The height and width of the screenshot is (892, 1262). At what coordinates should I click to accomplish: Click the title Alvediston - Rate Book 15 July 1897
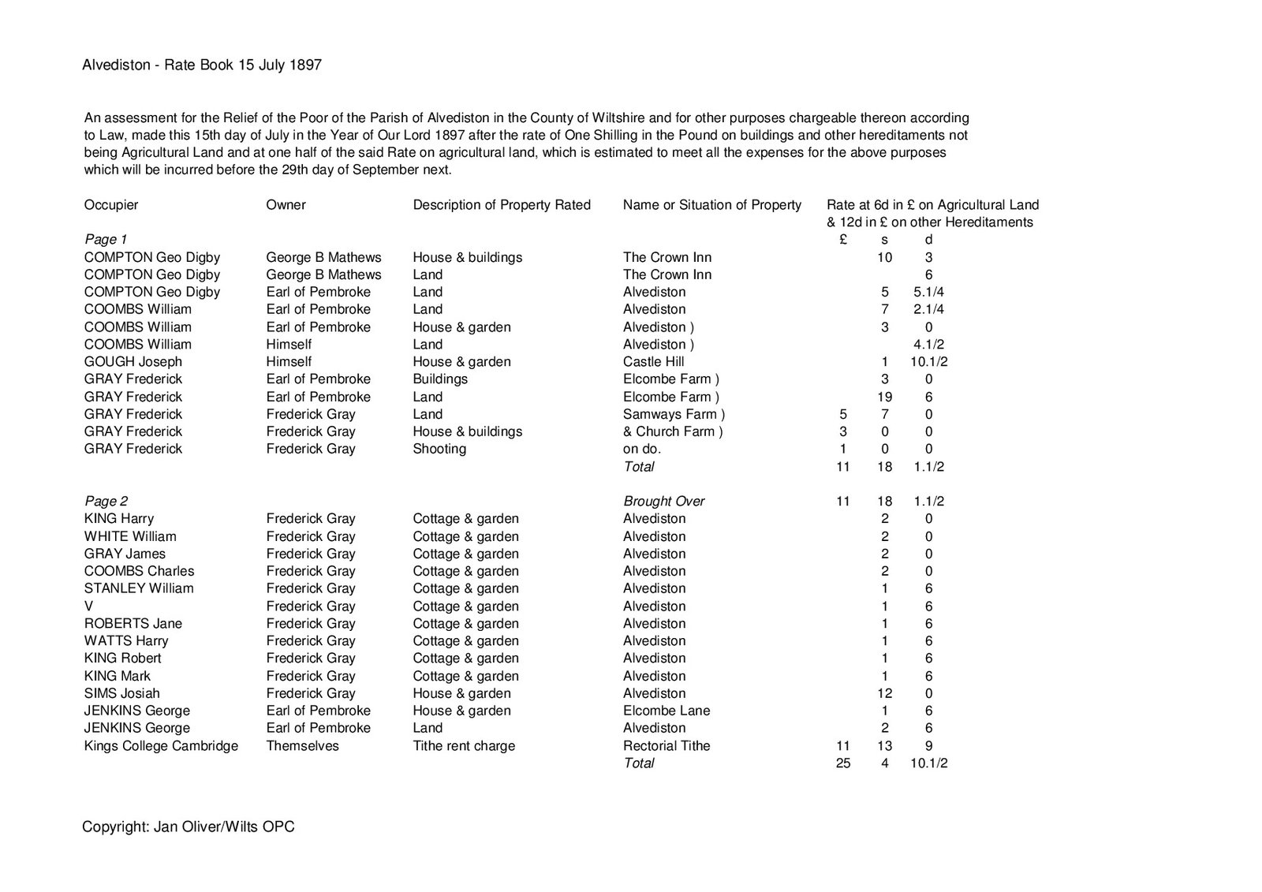[x=202, y=65]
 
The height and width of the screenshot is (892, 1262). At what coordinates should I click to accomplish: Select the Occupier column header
[x=111, y=205]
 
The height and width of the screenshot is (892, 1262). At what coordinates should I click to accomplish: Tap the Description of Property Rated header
[x=502, y=205]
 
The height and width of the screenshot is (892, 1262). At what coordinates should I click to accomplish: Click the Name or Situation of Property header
[x=712, y=205]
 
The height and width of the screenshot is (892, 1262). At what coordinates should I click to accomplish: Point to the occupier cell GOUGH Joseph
[x=133, y=362]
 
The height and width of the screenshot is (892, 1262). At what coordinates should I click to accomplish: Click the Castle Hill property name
[x=654, y=362]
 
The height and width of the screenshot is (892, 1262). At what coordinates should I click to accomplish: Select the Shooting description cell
[x=439, y=449]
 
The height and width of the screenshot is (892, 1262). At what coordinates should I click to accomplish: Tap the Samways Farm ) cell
[x=674, y=414]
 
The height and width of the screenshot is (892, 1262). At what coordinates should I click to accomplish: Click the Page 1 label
[x=106, y=239]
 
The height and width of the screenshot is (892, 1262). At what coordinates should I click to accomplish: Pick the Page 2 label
[x=106, y=501]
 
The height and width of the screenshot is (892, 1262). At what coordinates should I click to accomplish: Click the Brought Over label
[x=664, y=501]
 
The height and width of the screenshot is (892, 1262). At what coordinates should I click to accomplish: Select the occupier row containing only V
[x=89, y=606]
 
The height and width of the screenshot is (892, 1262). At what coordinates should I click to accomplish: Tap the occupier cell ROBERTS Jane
[x=133, y=624]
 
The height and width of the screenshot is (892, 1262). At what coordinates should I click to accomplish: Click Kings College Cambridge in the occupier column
[x=161, y=746]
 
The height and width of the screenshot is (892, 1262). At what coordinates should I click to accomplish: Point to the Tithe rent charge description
[x=464, y=746]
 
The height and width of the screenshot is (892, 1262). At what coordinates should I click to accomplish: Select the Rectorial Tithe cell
[x=666, y=746]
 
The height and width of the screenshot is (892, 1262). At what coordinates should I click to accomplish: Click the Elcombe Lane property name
[x=666, y=711]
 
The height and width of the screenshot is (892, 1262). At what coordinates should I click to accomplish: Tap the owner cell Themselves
[x=303, y=746]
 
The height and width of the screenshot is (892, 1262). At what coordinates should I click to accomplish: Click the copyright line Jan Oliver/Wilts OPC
[x=189, y=827]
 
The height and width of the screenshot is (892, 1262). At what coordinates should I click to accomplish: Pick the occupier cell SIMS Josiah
[x=122, y=693]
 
